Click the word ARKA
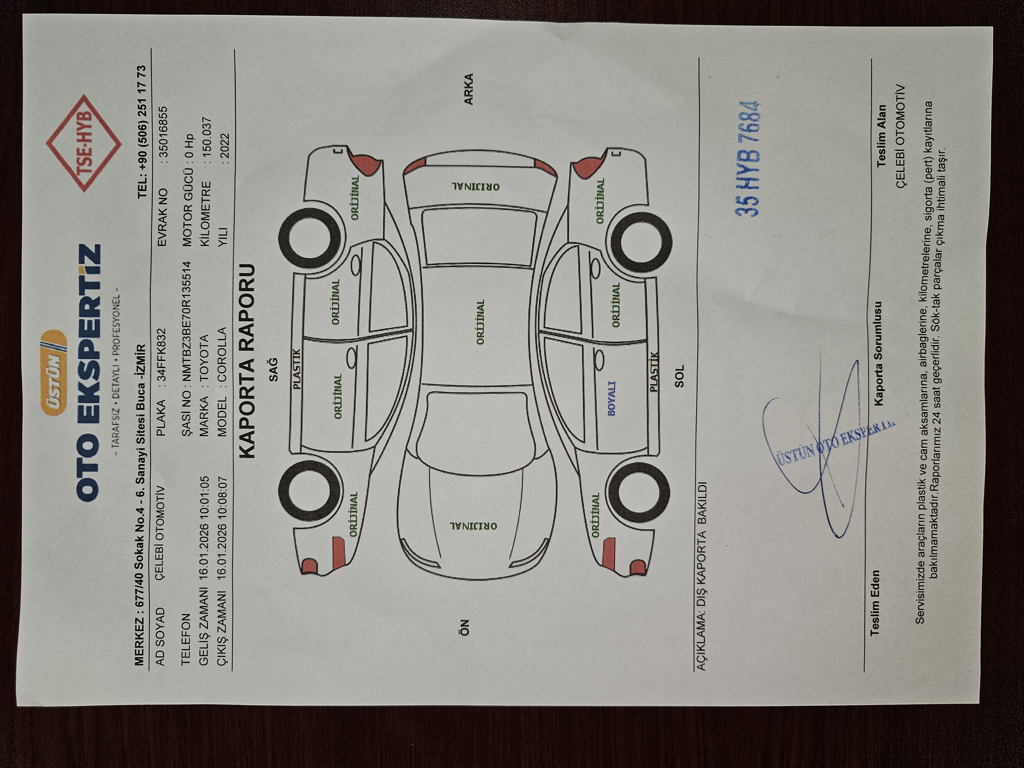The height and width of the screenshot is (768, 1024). tap(468, 89)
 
